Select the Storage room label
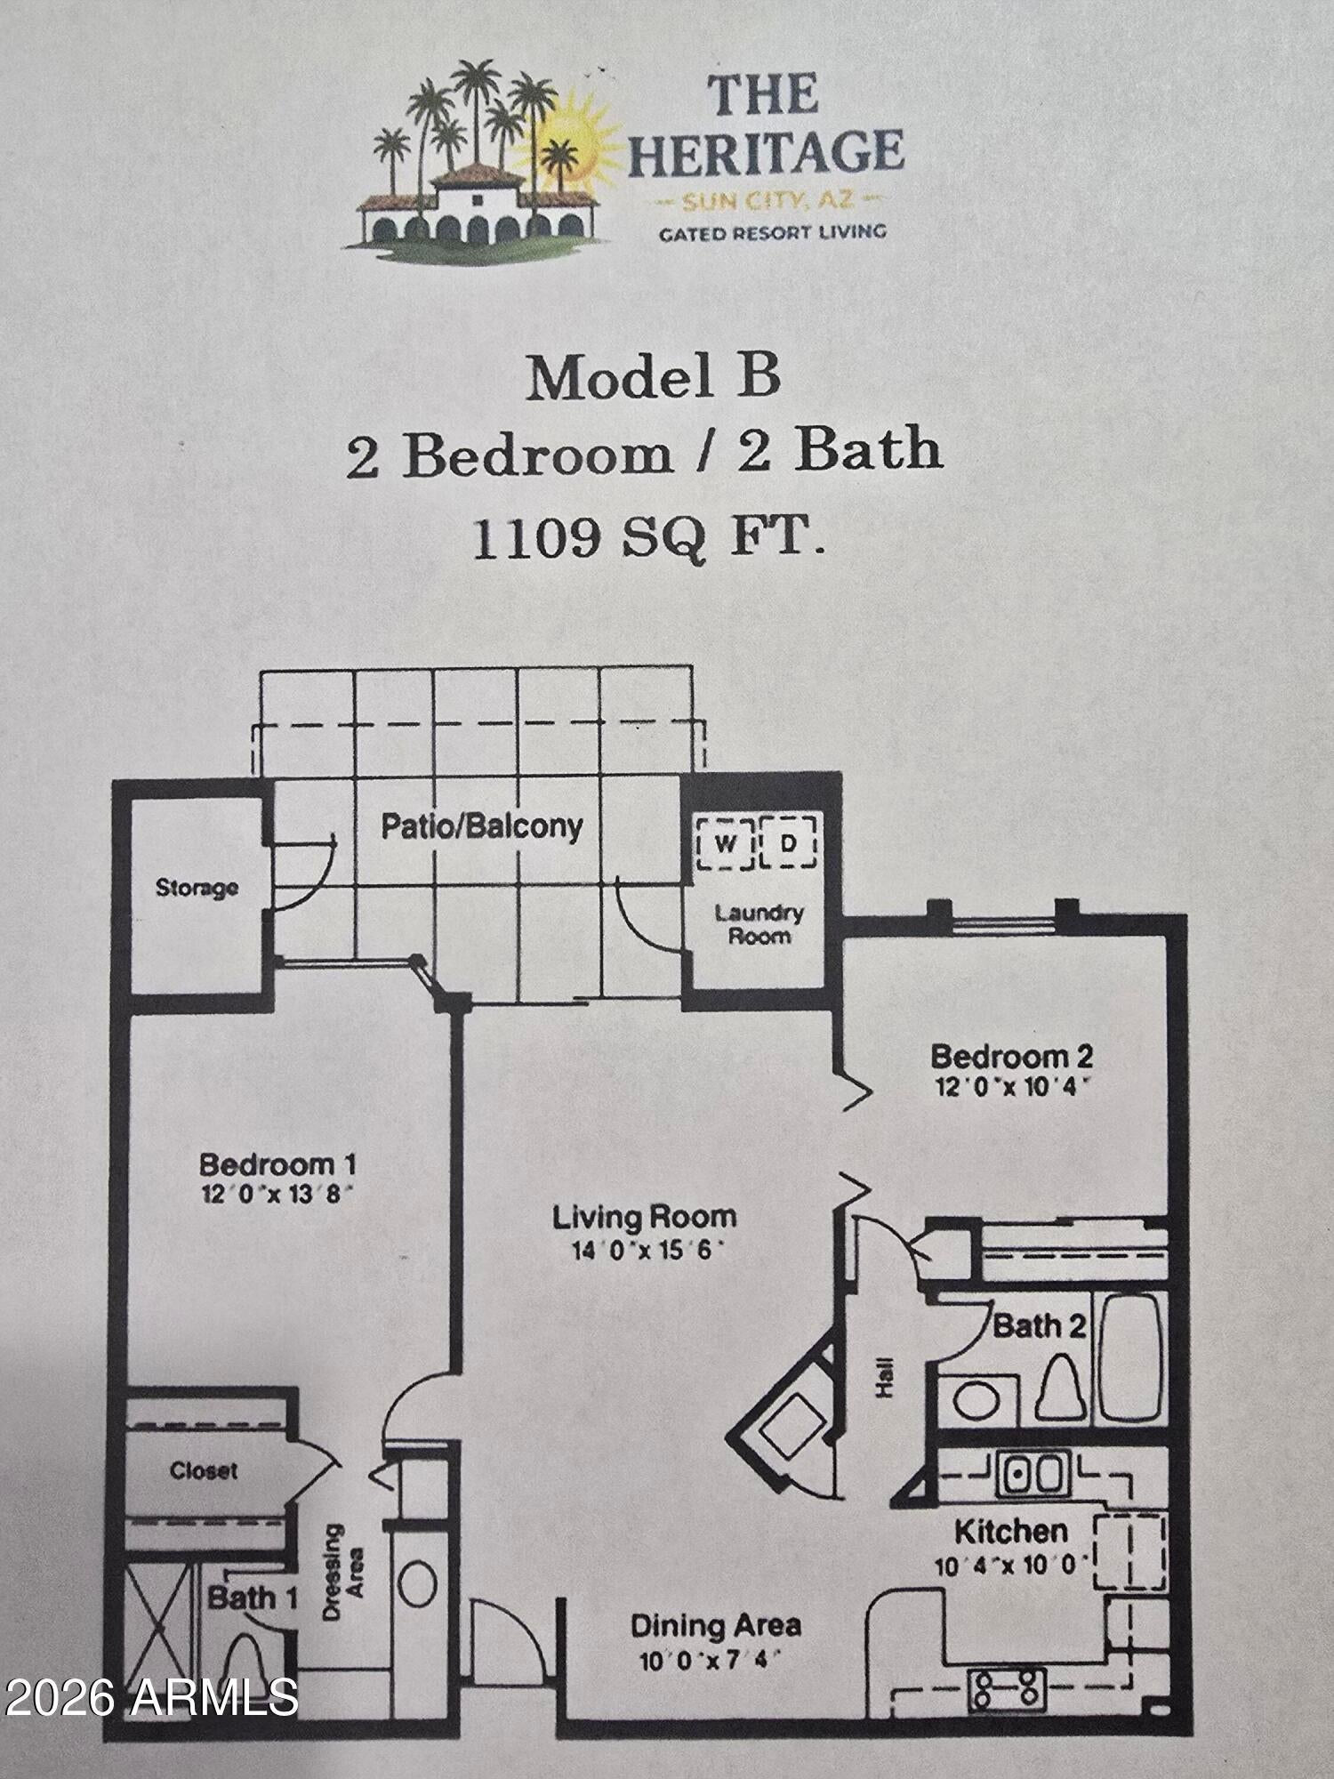pos(197,888)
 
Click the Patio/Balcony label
pos(482,826)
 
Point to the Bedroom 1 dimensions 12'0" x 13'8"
pos(279,1194)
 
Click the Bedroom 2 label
pos(1011,1057)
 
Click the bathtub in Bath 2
pos(1129,1357)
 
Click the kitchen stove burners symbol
pos(1006,1686)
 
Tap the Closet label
pos(204,1470)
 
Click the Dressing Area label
pos(343,1573)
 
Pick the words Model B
pos(654,378)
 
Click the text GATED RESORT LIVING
pos(772,233)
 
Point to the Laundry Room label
pos(759,924)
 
